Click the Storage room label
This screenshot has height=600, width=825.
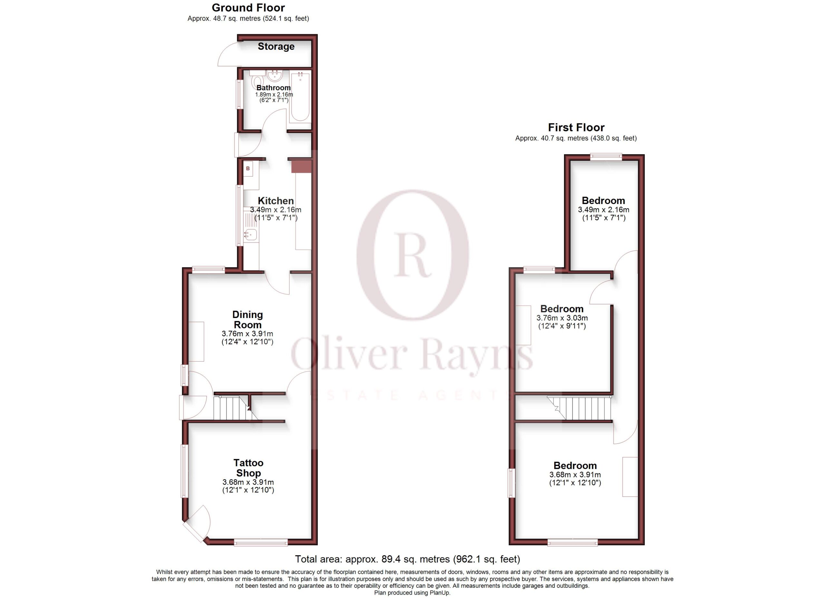coord(276,46)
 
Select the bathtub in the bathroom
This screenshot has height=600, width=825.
coord(300,96)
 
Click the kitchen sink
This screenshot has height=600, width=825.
coord(251,235)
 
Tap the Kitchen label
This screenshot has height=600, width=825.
coord(276,201)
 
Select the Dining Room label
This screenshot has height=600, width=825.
coord(247,320)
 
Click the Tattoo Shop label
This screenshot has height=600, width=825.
coord(248,468)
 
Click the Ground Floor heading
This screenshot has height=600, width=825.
coord(248,8)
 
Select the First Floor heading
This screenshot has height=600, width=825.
coord(576,128)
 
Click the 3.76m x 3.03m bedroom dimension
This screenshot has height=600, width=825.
coord(562,318)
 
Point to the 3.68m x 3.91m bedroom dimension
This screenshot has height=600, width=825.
coord(575,475)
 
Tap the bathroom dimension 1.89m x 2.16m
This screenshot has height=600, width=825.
coord(274,94)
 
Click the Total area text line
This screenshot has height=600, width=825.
coord(407,559)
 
